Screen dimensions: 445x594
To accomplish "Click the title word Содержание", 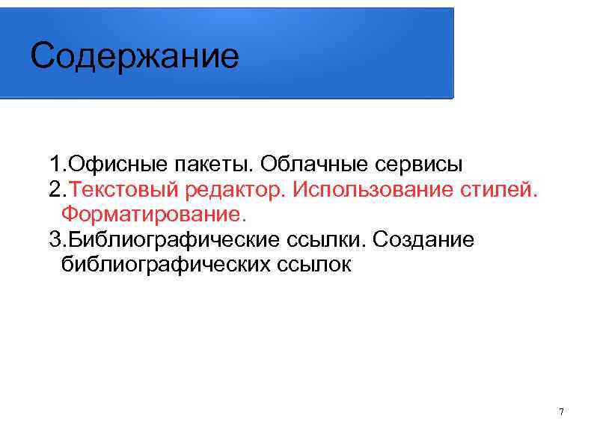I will pyautogui.click(x=135, y=56).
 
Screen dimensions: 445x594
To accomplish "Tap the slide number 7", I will pyautogui.click(x=561, y=412).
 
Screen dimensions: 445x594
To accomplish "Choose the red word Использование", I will pyautogui.click(x=369, y=189).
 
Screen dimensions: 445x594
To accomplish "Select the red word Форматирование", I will pyautogui.click(x=153, y=215).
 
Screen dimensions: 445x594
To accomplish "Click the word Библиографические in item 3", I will pyautogui.click(x=175, y=240).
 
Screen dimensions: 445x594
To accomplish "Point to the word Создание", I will pyautogui.click(x=423, y=240).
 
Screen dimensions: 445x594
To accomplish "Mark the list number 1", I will pyautogui.click(x=55, y=163).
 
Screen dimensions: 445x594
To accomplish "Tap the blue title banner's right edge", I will pyautogui.click(x=452, y=52).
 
